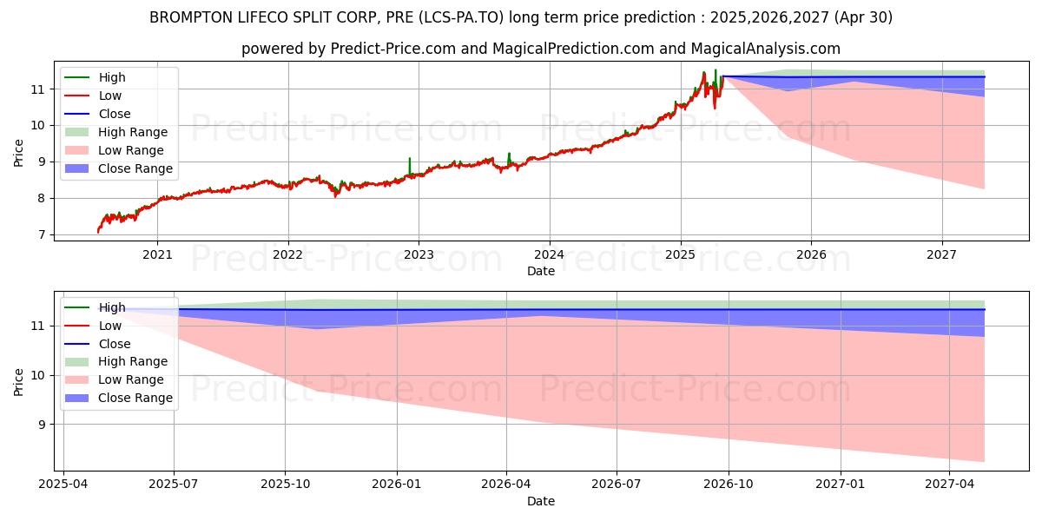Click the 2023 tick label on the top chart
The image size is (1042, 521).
[419, 254]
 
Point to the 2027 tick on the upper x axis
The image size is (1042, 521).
[942, 254]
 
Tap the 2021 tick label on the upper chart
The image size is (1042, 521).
[157, 254]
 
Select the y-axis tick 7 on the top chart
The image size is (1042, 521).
[40, 234]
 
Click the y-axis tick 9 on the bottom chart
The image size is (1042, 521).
[40, 425]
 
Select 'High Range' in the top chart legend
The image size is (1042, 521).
[133, 132]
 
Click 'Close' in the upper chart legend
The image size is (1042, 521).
[115, 114]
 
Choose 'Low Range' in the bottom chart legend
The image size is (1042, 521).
[131, 379]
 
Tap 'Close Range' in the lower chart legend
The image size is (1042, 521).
[135, 398]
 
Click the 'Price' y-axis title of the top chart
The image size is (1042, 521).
[19, 153]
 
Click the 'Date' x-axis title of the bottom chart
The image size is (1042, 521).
[540, 501]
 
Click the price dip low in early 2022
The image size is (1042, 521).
[336, 195]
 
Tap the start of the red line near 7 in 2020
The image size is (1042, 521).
[98, 232]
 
